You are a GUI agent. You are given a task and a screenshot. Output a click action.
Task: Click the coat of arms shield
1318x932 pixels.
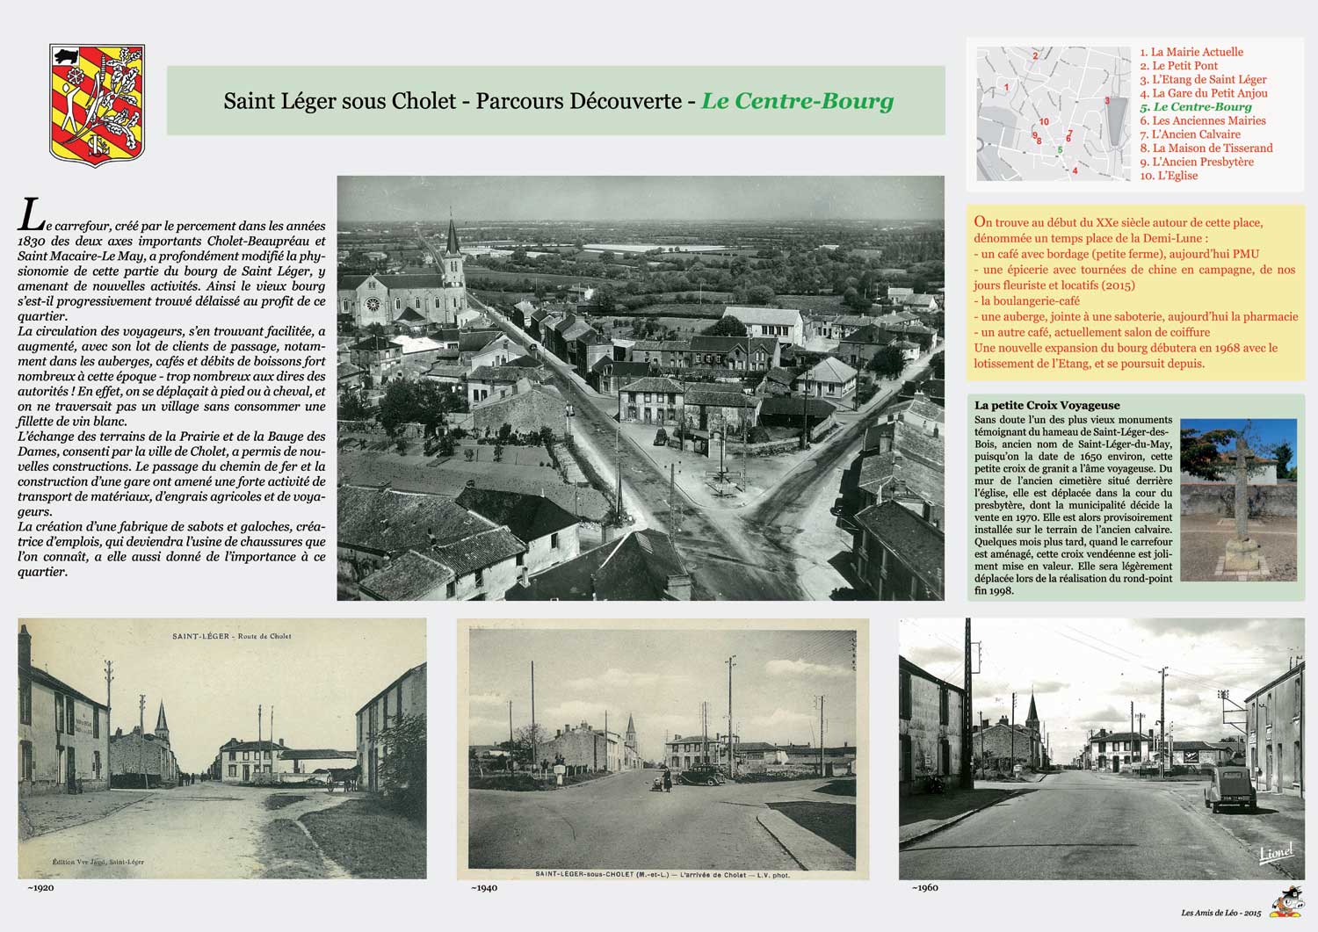97,104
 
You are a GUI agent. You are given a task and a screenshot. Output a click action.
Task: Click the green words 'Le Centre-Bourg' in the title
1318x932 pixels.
797,101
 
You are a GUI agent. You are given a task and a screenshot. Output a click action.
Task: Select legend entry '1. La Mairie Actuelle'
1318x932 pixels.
1191,52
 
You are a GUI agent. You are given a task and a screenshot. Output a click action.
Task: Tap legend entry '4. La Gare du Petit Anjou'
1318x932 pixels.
1203,93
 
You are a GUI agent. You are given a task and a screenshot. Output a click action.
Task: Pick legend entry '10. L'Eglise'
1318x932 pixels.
1169,176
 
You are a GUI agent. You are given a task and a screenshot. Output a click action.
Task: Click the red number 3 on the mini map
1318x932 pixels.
1107,101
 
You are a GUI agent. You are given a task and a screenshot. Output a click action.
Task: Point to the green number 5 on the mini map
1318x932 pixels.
1060,150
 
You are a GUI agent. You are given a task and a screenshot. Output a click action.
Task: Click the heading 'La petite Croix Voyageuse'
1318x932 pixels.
1046,405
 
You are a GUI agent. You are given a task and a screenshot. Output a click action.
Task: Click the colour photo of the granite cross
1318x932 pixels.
1238,499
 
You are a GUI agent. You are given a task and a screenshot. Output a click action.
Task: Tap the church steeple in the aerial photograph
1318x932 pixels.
453,242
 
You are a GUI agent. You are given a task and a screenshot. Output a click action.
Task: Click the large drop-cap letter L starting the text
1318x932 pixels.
31,216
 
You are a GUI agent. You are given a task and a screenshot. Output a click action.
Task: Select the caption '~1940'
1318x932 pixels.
483,888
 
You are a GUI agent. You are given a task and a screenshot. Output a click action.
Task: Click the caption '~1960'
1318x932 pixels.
924,887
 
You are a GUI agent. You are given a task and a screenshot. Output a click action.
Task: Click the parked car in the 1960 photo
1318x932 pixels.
1228,788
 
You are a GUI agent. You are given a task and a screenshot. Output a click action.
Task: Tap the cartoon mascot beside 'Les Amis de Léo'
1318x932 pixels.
1286,903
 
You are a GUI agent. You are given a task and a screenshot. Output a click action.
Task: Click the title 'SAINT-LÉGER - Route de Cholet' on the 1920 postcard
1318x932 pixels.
232,636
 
